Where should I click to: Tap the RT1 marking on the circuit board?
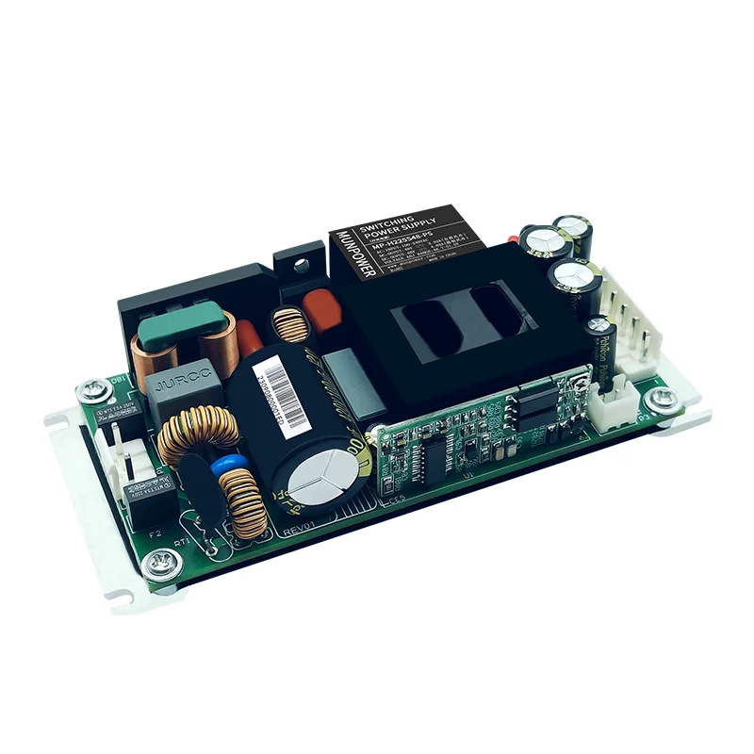(x=182, y=544)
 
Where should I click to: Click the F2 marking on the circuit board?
(x=155, y=534)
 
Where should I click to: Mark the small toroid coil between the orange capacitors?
(x=287, y=325)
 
